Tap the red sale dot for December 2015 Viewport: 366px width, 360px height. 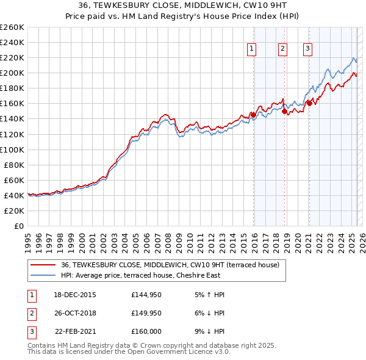tap(253, 115)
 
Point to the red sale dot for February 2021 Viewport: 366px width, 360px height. tap(309, 103)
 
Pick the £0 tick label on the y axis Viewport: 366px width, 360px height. tap(19, 226)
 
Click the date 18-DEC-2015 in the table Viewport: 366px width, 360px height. tap(75, 295)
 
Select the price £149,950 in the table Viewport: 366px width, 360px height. tap(146, 313)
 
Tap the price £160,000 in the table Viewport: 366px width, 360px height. tap(146, 331)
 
